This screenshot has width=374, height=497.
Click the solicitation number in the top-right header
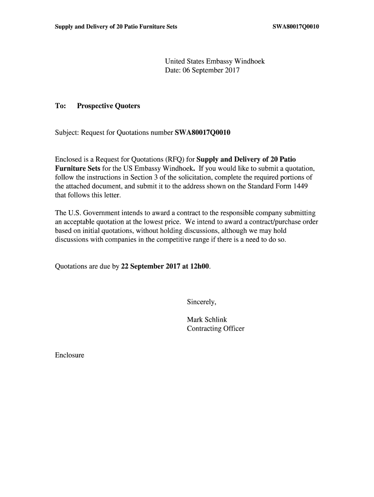pos(296,26)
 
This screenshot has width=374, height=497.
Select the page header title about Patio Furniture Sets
pos(116,26)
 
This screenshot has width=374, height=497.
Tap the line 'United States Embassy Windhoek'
pos(215,62)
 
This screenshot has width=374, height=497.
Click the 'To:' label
pos(60,106)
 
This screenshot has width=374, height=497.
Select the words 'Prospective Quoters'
pos(108,106)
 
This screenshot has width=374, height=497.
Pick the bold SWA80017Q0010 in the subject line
pos(199,132)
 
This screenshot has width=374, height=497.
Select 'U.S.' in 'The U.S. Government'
pos(75,213)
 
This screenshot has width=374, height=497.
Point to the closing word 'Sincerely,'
pos(202,302)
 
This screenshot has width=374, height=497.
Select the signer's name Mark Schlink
pos(207,319)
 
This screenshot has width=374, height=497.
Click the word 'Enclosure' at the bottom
pos(69,355)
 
